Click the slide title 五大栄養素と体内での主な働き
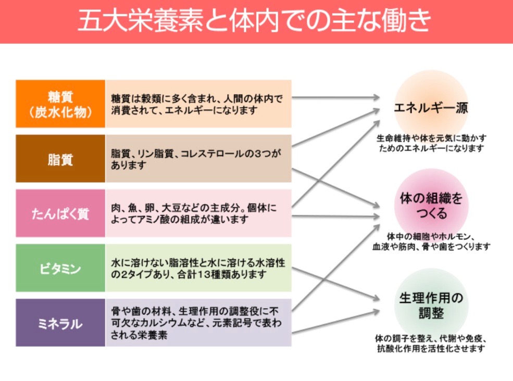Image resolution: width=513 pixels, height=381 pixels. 256,21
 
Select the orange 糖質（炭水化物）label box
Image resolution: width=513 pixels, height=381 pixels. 60,104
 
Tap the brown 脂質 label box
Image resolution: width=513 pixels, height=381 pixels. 60,159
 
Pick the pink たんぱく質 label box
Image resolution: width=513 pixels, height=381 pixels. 60,213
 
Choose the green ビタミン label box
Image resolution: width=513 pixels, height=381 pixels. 60,268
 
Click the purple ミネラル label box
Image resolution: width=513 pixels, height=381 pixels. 60,323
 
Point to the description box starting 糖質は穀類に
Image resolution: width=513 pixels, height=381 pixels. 198,104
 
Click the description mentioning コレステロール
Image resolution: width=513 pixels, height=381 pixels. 198,159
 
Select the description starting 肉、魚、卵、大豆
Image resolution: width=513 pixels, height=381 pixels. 198,213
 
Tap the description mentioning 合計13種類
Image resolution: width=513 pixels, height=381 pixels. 198,268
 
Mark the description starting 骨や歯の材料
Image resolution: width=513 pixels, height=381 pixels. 198,323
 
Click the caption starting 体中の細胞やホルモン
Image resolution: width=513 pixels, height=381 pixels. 431,241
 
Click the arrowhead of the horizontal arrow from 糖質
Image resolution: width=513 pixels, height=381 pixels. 376,97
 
